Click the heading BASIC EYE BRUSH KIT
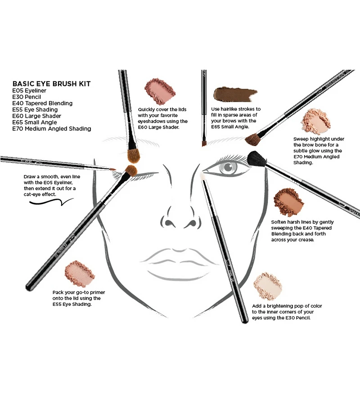51,84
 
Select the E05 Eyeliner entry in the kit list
29,91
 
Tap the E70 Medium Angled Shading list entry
52,129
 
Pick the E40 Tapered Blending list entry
42,103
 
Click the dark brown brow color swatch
235,94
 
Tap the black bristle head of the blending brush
256,159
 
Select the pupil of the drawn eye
229,167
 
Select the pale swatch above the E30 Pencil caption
268,286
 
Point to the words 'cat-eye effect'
40,194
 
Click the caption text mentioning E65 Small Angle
236,118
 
